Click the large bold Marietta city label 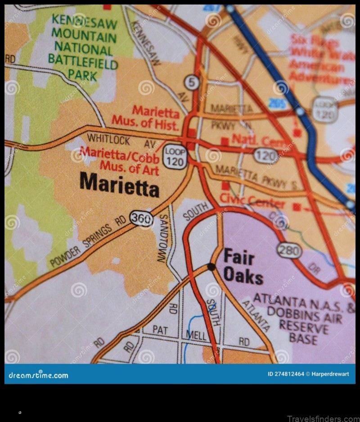(119, 185)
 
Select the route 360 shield (141, 218)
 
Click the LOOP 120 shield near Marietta (175, 157)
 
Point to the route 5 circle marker (192, 82)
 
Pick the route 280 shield (289, 250)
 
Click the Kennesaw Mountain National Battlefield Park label (84, 47)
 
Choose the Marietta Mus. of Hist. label (146, 116)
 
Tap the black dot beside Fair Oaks (211, 267)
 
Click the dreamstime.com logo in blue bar (39, 375)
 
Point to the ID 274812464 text (286, 374)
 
